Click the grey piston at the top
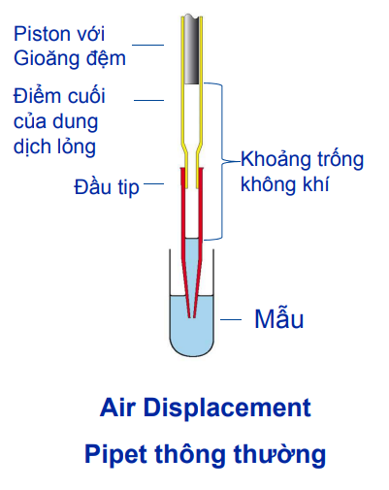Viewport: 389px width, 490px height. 193,49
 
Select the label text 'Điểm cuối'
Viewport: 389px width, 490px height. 59,96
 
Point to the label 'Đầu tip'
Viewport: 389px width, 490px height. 106,185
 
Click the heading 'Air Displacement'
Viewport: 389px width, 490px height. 206,406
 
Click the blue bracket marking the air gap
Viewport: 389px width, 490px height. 225,160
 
